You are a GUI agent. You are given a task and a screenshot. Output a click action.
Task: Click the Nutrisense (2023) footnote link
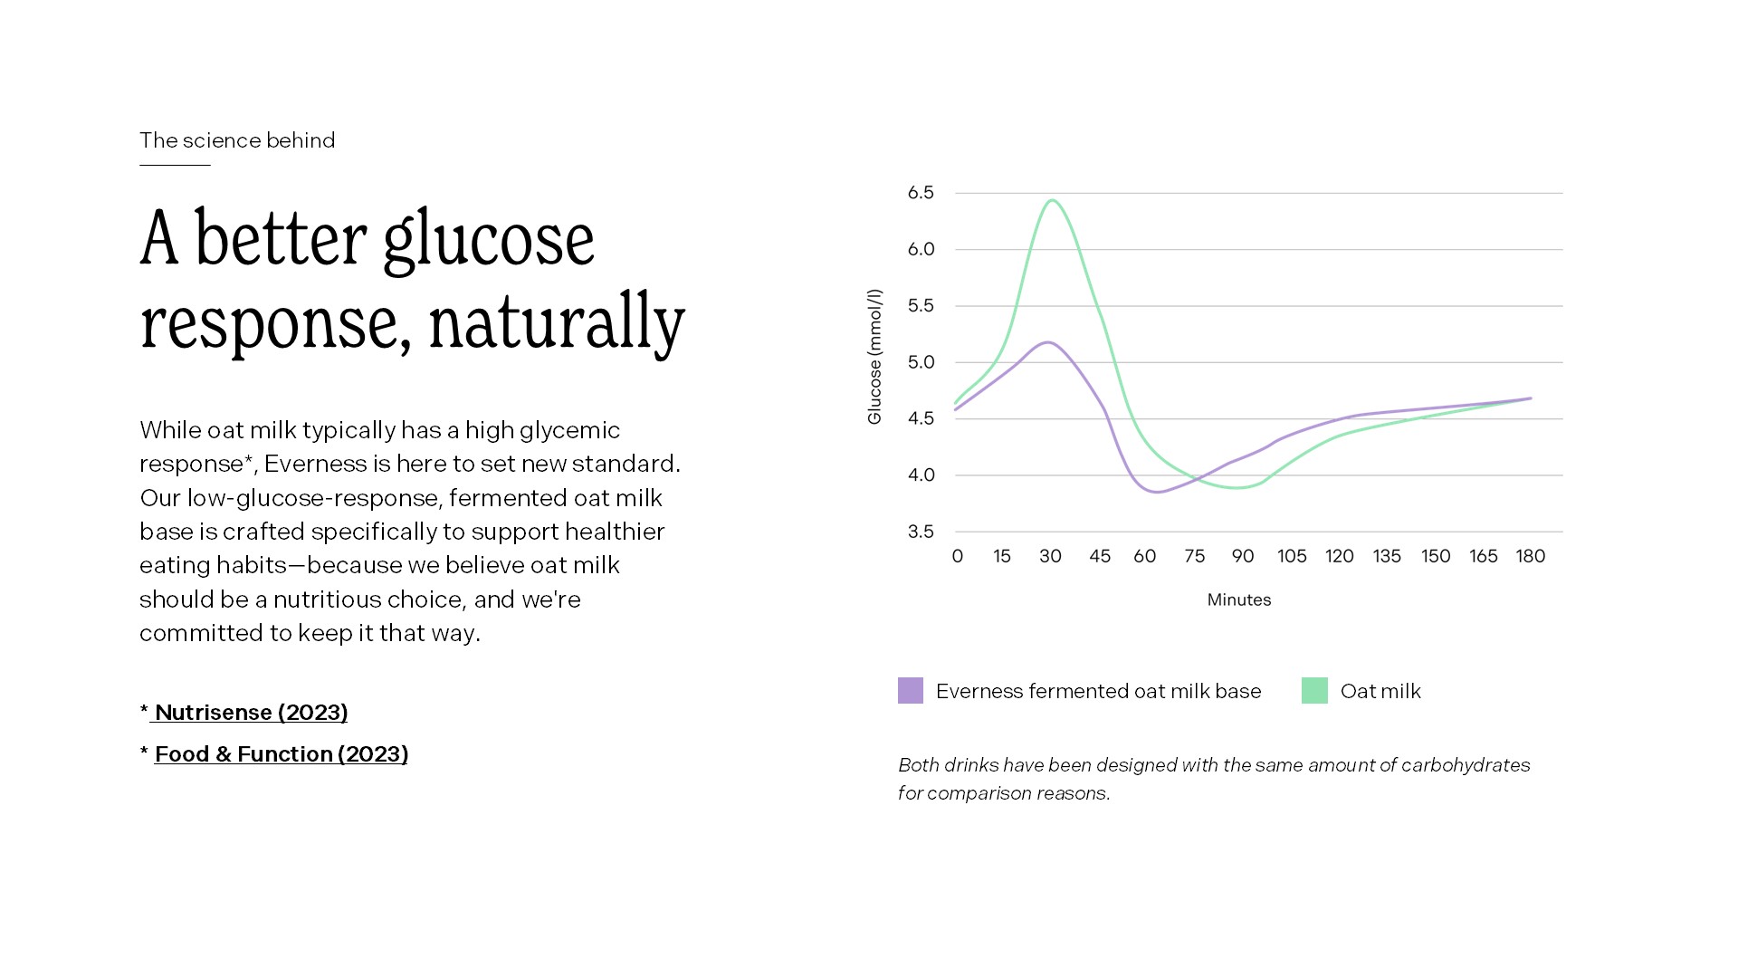tap(251, 713)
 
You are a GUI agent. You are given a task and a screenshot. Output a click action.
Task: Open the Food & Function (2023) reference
tap(281, 754)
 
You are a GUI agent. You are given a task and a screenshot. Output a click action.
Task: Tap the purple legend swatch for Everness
tap(910, 691)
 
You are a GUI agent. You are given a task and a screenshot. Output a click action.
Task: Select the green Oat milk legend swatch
tap(1314, 691)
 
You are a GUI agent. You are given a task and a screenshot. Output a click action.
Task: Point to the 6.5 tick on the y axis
tap(921, 193)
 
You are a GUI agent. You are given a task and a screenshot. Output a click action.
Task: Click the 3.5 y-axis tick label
tap(921, 532)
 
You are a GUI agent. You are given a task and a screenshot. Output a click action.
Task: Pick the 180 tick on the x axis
tap(1530, 556)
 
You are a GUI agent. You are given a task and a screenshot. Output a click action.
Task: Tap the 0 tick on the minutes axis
tap(958, 556)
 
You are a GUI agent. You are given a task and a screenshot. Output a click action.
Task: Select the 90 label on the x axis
tap(1243, 556)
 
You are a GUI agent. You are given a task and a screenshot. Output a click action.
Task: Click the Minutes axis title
tap(1238, 599)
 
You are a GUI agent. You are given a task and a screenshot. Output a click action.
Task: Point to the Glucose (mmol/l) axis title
tap(874, 357)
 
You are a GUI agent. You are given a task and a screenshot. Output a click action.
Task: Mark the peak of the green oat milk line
tap(1053, 200)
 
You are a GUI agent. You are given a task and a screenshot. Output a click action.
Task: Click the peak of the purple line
tap(1048, 342)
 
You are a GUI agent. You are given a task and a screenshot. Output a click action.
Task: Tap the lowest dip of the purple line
tap(1157, 492)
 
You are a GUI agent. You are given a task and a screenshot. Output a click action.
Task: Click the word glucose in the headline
tap(488, 240)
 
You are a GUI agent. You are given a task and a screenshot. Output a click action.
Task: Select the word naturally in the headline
tap(557, 322)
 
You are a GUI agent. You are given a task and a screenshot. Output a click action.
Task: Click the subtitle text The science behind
tap(237, 140)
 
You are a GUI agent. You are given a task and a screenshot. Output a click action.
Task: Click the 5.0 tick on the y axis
tap(921, 362)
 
